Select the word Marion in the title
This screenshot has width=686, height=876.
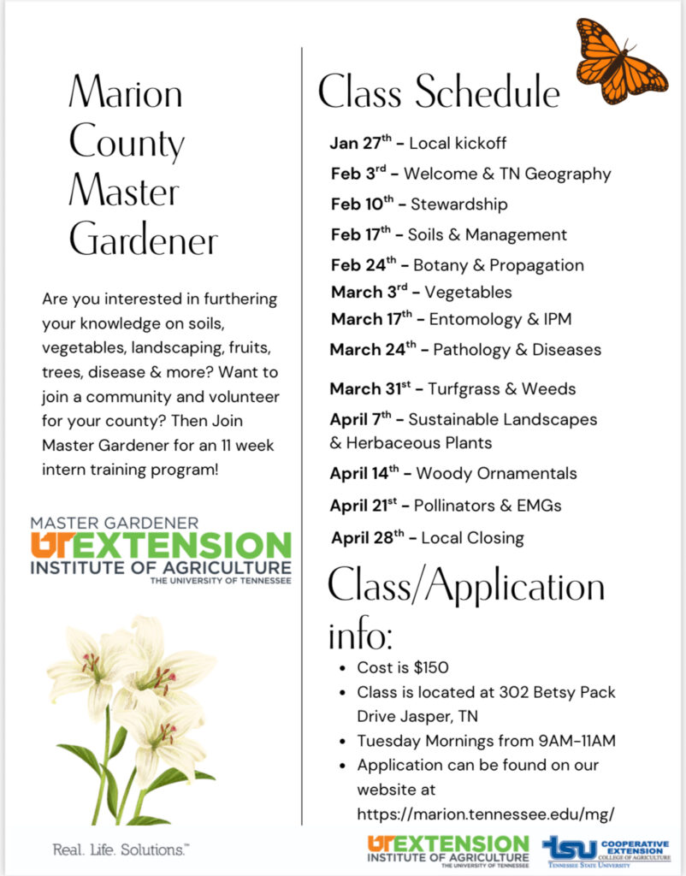tap(126, 92)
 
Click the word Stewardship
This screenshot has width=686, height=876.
tap(458, 204)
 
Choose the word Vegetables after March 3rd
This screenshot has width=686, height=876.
tap(468, 293)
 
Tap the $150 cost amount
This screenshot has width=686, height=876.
tap(429, 667)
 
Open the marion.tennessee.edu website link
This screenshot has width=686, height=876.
tap(486, 814)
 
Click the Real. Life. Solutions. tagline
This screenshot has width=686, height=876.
tap(121, 850)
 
